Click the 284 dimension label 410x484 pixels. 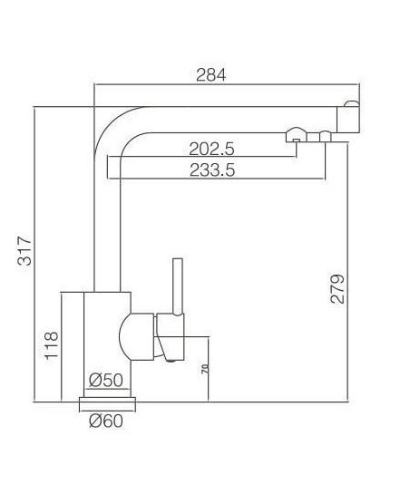(x=211, y=75)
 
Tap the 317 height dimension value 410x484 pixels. (x=24, y=251)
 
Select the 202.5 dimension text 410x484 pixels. (x=211, y=149)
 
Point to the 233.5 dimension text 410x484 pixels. (x=212, y=170)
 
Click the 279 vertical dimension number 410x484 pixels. (x=337, y=288)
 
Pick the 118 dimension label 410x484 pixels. (x=52, y=345)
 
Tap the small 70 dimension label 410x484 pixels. (x=204, y=369)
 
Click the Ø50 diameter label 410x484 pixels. (x=106, y=380)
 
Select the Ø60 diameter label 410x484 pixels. (x=106, y=421)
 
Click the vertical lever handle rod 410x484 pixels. (x=178, y=286)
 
